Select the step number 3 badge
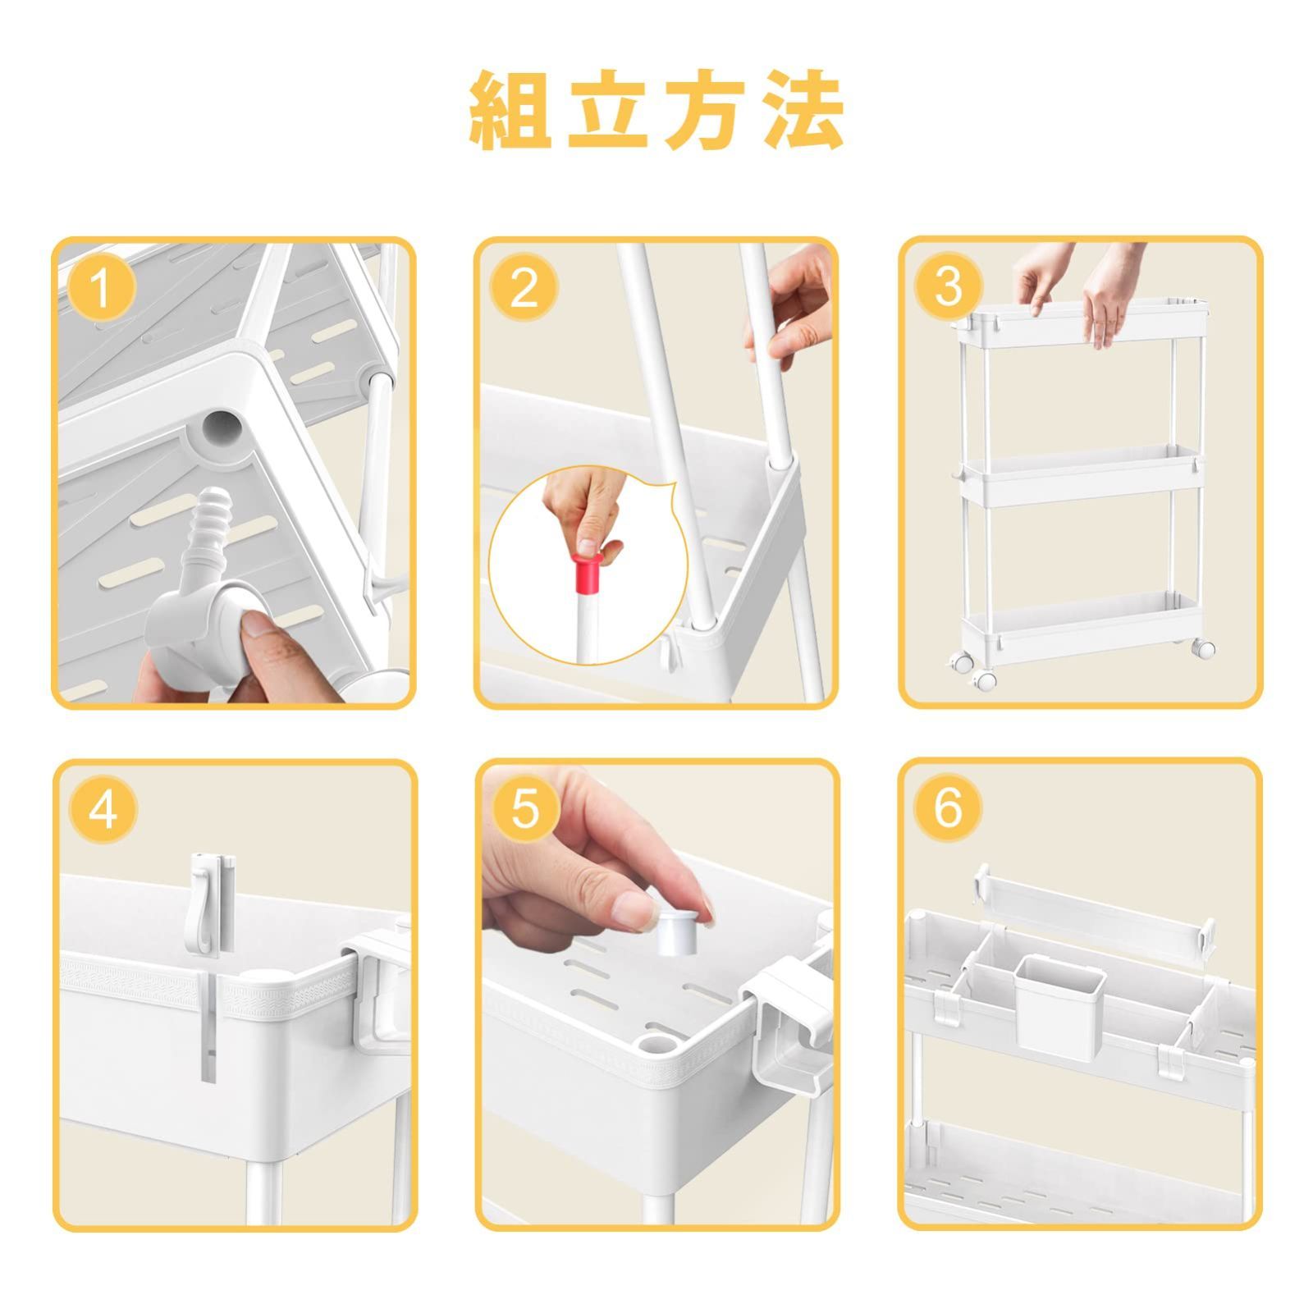click(x=948, y=286)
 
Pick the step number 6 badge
click(x=948, y=807)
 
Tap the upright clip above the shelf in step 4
click(x=212, y=904)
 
